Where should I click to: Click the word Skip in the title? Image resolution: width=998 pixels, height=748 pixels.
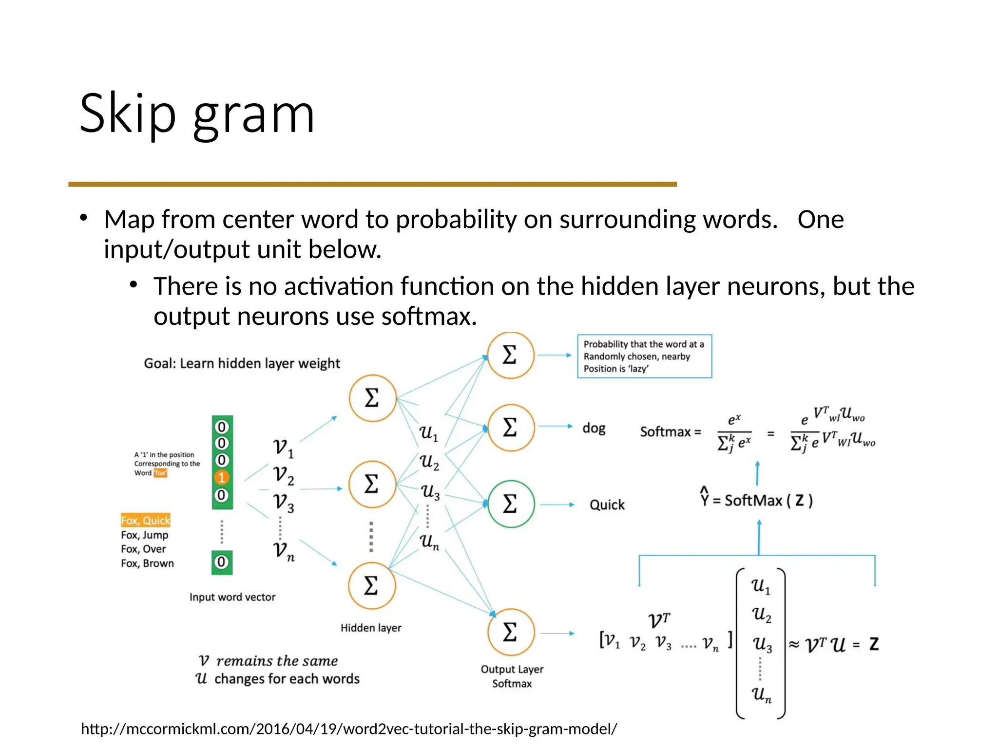coord(128,114)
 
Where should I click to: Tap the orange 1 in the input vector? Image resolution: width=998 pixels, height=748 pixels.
coord(222,478)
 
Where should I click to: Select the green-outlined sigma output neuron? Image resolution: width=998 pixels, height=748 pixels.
coord(511,504)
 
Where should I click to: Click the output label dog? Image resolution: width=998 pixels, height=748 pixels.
coord(594,428)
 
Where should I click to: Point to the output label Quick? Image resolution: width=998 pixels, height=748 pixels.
coord(607,505)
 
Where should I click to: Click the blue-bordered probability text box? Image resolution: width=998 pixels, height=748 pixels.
coord(644,356)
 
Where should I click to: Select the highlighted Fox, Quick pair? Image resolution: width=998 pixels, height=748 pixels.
coord(146,521)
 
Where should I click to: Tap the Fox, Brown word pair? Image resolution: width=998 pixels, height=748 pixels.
coord(147,563)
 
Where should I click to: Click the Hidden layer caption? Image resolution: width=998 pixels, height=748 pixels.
coord(371,628)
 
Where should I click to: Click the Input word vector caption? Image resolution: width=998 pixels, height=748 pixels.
coord(232,597)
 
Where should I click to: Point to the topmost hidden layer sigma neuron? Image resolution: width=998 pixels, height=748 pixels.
coord(372,398)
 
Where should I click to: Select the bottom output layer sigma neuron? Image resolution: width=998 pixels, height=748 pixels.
coord(511,633)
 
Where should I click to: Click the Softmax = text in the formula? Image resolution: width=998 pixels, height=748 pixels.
coord(671,432)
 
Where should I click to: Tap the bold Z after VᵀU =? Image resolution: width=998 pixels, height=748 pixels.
coord(874,644)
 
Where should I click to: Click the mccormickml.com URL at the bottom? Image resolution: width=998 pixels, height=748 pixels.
coord(349,729)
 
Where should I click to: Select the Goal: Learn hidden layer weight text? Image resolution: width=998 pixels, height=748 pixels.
coord(242,364)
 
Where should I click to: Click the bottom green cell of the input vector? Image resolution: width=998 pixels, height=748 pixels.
coord(222,562)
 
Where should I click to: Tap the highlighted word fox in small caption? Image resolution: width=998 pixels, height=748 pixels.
coord(160,473)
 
